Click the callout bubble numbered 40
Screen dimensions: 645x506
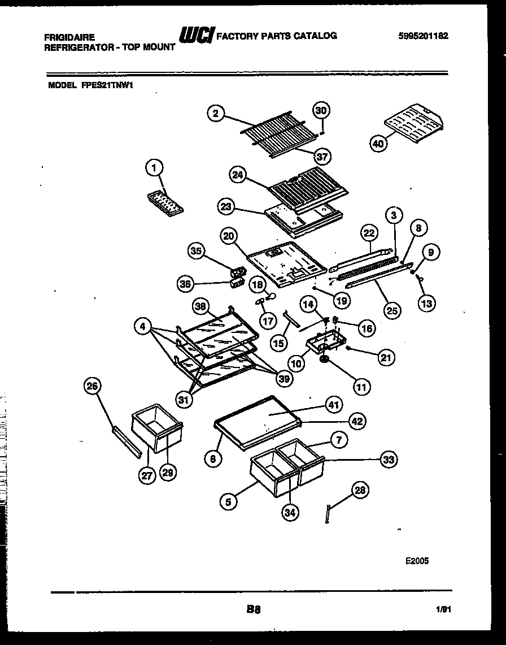[x=378, y=144]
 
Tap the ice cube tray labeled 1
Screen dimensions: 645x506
[x=165, y=202]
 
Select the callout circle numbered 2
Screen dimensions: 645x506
[x=214, y=114]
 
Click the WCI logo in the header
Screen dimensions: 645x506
[x=195, y=36]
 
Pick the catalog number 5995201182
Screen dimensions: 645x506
[x=423, y=36]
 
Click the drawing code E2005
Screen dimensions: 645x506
[x=417, y=561]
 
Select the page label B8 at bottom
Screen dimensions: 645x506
[x=252, y=609]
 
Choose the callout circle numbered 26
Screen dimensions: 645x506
[x=92, y=387]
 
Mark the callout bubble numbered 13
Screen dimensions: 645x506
[x=426, y=304]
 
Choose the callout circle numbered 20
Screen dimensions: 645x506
[x=229, y=237]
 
